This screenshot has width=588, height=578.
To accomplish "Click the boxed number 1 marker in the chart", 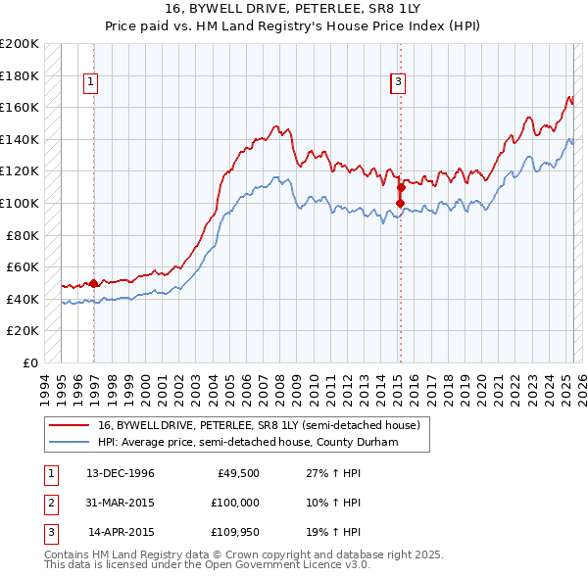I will [x=90, y=83].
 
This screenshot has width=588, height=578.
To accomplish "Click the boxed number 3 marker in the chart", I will [x=399, y=83].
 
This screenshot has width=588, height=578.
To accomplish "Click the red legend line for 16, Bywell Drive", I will [x=69, y=425].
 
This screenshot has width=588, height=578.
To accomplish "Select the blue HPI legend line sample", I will [x=69, y=442].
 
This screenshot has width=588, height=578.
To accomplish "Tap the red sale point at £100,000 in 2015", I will [x=400, y=203].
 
